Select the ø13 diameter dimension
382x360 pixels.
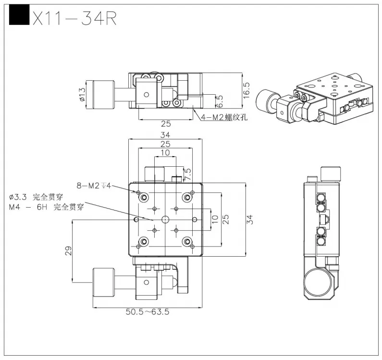coord(82,94)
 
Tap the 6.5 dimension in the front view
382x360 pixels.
coord(220,101)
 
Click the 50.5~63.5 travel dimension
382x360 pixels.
coord(148,311)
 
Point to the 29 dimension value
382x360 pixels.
coord(68,250)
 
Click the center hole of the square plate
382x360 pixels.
coord(165,219)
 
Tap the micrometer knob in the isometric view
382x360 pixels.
coord(265,99)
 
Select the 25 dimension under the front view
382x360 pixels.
coord(166,124)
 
